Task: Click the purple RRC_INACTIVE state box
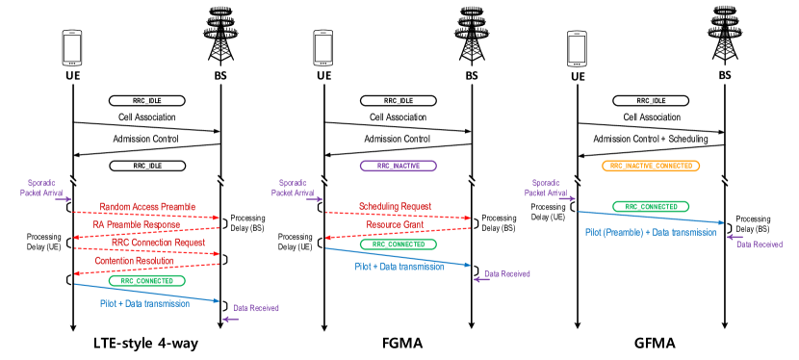click(398, 166)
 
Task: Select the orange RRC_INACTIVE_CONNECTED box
click(651, 166)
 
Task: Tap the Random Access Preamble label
click(147, 207)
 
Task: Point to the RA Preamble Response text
click(137, 224)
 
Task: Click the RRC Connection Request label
click(158, 243)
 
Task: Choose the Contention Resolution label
click(135, 261)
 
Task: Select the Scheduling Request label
click(395, 206)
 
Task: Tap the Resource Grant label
click(395, 224)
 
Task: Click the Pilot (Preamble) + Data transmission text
click(651, 232)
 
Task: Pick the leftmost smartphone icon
click(72, 48)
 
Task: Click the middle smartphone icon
click(323, 48)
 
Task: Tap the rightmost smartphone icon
click(577, 48)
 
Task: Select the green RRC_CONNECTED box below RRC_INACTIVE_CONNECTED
click(651, 207)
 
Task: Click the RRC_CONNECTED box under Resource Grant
click(398, 244)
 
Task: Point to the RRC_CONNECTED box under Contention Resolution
click(146, 281)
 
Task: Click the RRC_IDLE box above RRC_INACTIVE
click(398, 100)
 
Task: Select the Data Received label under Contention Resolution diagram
click(256, 308)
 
